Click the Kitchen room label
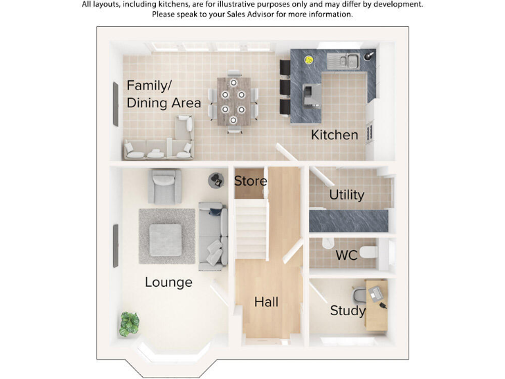pyautogui.click(x=335, y=135)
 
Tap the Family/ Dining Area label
pyautogui.click(x=163, y=94)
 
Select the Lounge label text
pyautogui.click(x=168, y=282)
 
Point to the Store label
pyautogui.click(x=250, y=181)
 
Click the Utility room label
pyautogui.click(x=347, y=195)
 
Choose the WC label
pyautogui.click(x=346, y=255)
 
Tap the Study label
pyautogui.click(x=348, y=311)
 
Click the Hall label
pyautogui.click(x=266, y=302)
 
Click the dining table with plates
pyautogui.click(x=233, y=102)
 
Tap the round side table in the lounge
pyautogui.click(x=216, y=180)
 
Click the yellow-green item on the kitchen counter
pyautogui.click(x=308, y=61)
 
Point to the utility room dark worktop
pyautogui.click(x=348, y=220)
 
